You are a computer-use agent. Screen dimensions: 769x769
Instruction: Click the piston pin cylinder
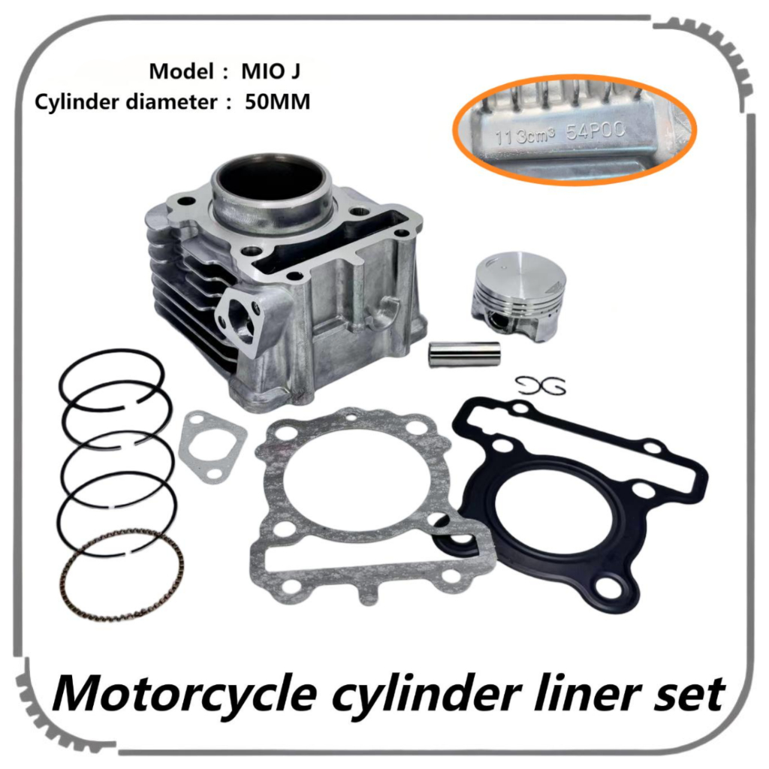click(463, 354)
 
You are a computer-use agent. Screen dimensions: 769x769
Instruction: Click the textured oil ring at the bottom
click(122, 574)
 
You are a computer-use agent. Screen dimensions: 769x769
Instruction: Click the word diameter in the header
click(162, 102)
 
